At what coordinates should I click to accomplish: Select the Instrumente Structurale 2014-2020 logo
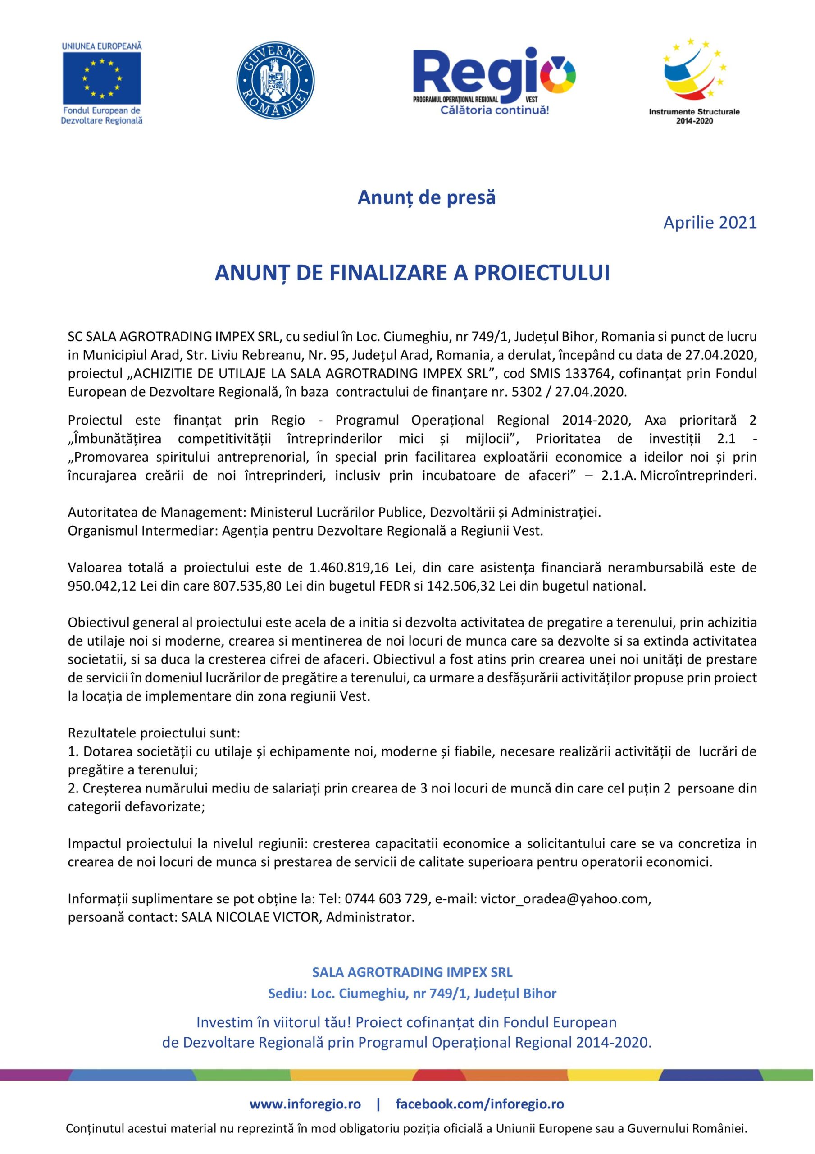point(694,80)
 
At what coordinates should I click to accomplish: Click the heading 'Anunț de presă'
point(426,197)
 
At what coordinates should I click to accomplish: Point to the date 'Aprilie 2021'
point(710,222)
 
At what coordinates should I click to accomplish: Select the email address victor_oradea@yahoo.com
point(565,884)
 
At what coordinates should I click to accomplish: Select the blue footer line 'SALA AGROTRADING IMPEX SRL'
point(412,972)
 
